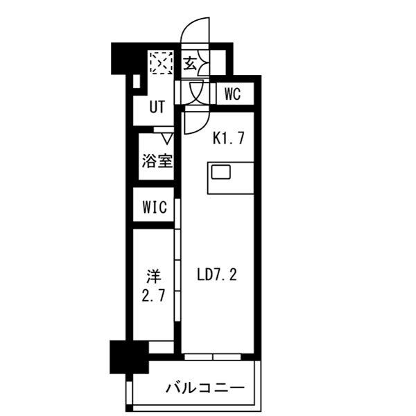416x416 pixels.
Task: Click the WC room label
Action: (x=232, y=94)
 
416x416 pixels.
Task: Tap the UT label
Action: (x=159, y=107)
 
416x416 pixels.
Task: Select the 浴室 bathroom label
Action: (x=157, y=160)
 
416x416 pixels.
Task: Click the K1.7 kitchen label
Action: (x=227, y=138)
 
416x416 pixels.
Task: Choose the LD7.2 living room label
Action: (x=218, y=276)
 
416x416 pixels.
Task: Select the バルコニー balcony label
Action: (x=204, y=387)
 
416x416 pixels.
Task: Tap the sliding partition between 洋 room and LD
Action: (x=178, y=277)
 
